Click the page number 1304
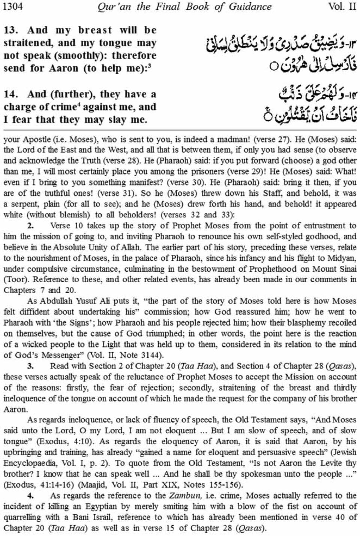point(12,7)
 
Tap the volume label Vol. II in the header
point(342,7)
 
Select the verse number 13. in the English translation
point(11,30)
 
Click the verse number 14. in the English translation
point(11,94)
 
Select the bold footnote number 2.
point(30,226)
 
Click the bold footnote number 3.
point(30,366)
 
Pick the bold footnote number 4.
point(30,496)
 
